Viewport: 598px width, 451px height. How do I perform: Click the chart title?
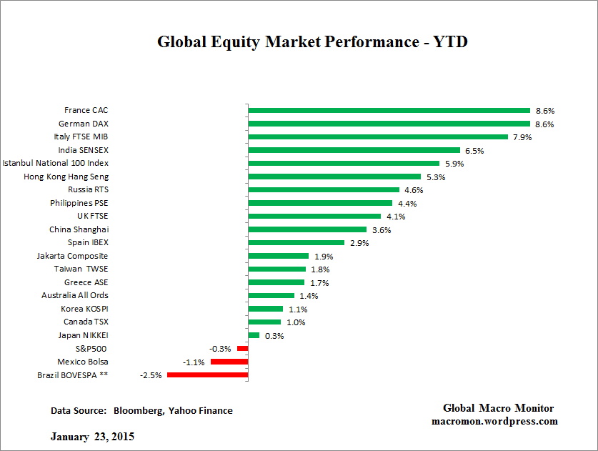point(312,41)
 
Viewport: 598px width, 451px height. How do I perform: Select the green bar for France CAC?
point(389,111)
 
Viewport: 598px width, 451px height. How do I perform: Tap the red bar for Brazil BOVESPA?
point(207,375)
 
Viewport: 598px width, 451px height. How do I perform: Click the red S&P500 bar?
point(242,348)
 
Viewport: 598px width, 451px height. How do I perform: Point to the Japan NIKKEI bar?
point(254,335)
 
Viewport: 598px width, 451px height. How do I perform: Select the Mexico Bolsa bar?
point(229,362)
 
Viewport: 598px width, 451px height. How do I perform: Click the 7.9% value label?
point(522,137)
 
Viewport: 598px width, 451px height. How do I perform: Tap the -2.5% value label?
point(151,375)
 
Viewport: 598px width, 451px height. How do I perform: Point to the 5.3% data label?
point(435,177)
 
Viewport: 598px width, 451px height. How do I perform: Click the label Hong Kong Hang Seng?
point(66,177)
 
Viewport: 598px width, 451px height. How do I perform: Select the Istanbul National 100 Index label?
point(56,164)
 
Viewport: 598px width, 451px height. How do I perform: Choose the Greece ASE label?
point(86,282)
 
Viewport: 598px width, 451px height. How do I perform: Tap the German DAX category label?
point(84,124)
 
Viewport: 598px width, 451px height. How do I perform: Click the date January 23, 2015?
point(92,436)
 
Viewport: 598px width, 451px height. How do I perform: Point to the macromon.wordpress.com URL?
point(494,421)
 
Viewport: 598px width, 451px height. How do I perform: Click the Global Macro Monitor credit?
point(498,408)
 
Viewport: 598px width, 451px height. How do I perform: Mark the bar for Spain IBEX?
point(296,242)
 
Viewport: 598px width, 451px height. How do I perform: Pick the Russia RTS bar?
point(324,190)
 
